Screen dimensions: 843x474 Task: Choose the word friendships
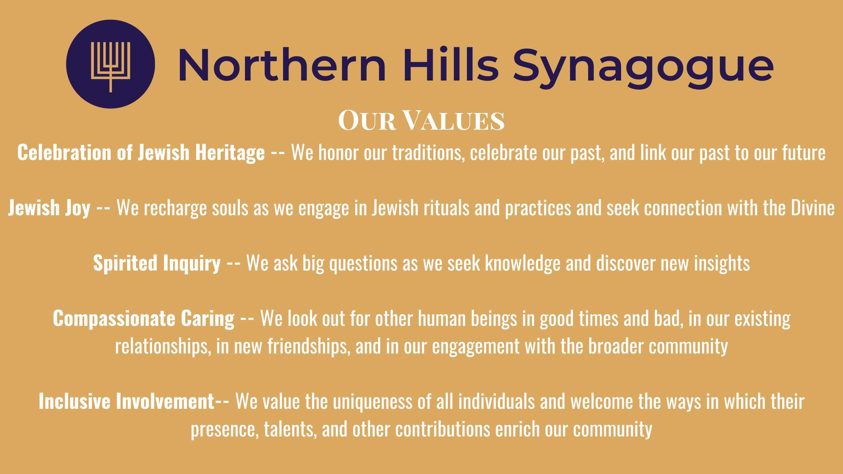[309, 346]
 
